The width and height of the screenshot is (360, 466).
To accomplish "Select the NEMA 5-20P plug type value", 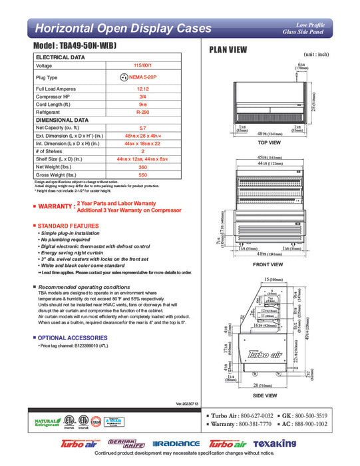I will [x=142, y=77].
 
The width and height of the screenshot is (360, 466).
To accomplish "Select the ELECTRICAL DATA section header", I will [x=61, y=58].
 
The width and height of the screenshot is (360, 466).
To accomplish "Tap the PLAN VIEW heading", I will [x=229, y=49].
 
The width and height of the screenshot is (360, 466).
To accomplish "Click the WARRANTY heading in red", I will [x=55, y=206].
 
